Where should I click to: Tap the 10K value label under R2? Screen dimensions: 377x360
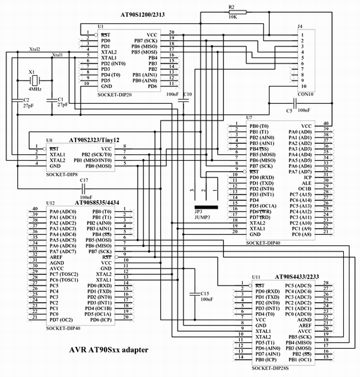click(232, 17)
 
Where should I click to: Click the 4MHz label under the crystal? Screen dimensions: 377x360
click(34, 90)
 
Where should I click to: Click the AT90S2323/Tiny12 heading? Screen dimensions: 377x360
click(95, 140)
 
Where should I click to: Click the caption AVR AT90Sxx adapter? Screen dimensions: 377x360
click(109, 350)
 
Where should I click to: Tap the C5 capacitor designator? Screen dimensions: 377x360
click(289, 110)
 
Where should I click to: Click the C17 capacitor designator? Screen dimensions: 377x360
click(84, 180)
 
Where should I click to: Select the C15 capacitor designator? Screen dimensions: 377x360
click(204, 293)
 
